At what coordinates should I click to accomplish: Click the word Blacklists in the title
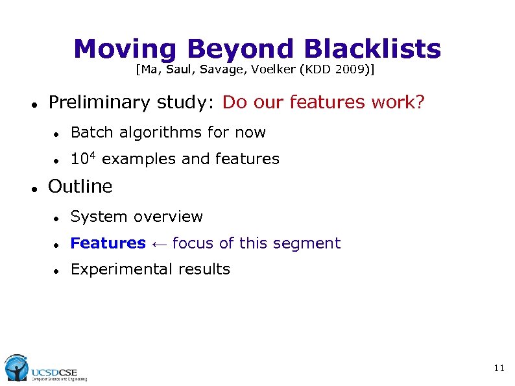click(x=372, y=49)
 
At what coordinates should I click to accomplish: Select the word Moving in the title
click(x=124, y=49)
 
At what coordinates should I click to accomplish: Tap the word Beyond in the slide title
click(x=239, y=49)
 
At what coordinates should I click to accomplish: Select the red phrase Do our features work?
click(x=323, y=103)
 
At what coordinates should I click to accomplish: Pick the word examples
click(x=139, y=159)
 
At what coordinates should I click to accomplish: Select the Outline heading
click(x=80, y=187)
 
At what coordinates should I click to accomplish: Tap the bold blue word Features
click(x=108, y=243)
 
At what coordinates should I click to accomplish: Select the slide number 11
click(x=498, y=368)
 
